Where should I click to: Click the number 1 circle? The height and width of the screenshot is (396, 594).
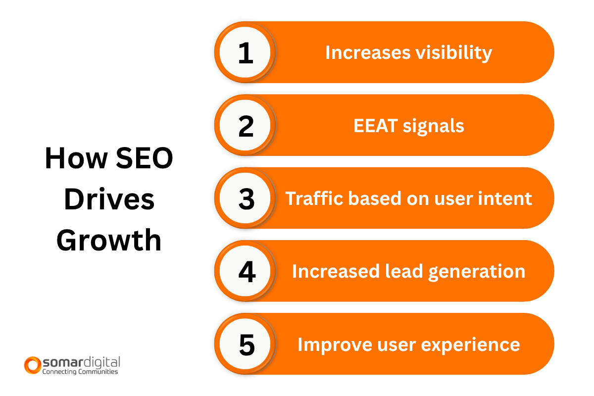click(246, 52)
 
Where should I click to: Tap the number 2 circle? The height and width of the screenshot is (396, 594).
click(246, 125)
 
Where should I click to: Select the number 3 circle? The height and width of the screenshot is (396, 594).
click(246, 198)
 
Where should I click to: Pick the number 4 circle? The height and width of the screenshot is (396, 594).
click(246, 271)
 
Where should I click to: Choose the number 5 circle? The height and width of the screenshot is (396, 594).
click(246, 344)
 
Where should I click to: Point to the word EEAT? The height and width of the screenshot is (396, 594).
click(376, 126)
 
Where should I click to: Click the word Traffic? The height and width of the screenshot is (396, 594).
click(315, 198)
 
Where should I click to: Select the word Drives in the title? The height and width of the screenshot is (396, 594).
click(109, 200)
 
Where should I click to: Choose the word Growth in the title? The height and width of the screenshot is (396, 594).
click(109, 241)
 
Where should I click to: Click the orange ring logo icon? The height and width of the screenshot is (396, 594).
click(32, 365)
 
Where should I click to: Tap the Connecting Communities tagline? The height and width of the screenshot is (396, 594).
click(80, 371)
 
